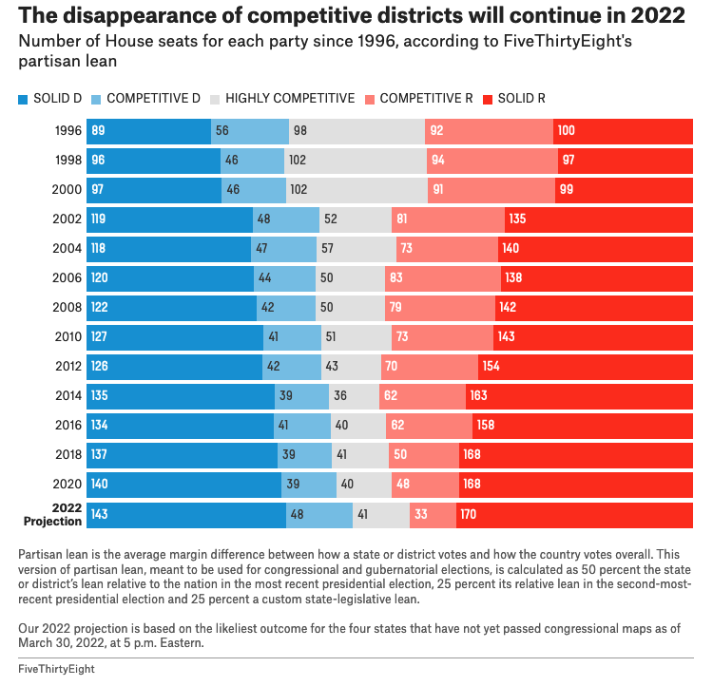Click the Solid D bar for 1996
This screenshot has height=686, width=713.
click(148, 131)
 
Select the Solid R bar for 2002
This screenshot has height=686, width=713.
click(599, 219)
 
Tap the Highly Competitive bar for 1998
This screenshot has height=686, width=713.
click(356, 161)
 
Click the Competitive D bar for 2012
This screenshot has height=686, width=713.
click(292, 367)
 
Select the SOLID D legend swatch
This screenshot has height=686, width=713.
click(24, 99)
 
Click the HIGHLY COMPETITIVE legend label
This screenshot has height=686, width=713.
click(289, 99)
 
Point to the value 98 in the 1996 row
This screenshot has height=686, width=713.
click(300, 131)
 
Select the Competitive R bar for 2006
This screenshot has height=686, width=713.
click(442, 278)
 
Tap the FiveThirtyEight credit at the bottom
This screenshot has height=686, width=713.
click(56, 670)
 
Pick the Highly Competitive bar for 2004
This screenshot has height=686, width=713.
click(356, 249)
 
